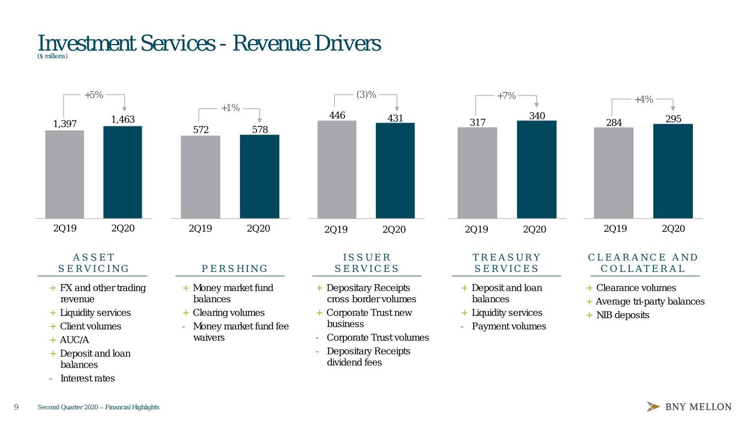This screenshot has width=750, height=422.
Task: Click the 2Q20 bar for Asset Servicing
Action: (x=123, y=172)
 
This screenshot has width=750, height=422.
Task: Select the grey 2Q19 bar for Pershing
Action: (x=201, y=177)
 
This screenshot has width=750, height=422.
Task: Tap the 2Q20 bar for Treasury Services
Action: (x=537, y=169)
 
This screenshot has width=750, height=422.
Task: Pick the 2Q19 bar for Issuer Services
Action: (x=337, y=169)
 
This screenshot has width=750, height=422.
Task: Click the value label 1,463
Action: (x=123, y=119)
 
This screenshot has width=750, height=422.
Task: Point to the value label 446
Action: (x=337, y=115)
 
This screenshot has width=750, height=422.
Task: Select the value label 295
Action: (x=673, y=119)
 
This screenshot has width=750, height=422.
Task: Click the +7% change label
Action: (x=506, y=96)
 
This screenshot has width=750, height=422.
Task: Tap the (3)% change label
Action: (x=366, y=95)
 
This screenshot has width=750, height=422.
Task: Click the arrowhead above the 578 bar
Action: (x=259, y=120)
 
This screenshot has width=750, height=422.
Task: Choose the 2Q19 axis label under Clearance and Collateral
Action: (x=615, y=229)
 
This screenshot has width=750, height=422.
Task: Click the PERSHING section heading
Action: (x=235, y=269)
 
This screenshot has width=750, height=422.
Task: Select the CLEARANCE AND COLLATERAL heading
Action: (x=643, y=263)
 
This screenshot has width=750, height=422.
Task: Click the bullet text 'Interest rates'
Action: (x=87, y=378)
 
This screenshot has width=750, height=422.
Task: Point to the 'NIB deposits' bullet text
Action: (x=623, y=315)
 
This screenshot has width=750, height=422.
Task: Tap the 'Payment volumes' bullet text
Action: (x=509, y=326)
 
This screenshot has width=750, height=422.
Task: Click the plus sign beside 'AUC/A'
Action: (x=53, y=340)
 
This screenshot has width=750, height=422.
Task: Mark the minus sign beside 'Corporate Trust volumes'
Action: (x=316, y=338)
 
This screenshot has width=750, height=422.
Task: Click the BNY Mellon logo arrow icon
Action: (x=653, y=407)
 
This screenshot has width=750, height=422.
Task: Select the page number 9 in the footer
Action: (x=16, y=407)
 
